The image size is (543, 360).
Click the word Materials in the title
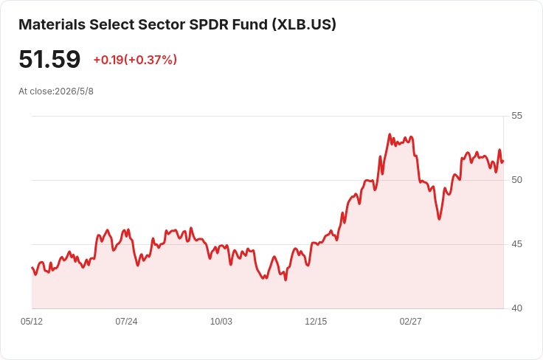52,24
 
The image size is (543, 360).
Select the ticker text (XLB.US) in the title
304,24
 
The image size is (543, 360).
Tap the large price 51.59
49,59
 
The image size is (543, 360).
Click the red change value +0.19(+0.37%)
135,60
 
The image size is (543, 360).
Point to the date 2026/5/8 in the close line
74,91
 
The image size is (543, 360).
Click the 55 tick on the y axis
516,116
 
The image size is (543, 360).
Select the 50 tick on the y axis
516,180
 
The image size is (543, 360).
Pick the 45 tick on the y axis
516,244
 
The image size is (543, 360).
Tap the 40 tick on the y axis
516,308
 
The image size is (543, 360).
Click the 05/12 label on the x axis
32,322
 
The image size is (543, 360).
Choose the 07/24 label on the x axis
126,322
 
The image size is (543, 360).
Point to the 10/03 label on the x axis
221,322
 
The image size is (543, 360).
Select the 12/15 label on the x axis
316,322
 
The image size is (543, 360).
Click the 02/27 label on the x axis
411,322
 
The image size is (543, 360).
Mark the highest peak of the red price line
390,134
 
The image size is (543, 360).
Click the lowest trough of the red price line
286,280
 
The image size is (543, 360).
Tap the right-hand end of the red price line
503,162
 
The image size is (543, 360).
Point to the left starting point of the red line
32,268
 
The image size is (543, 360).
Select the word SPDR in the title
209,24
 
